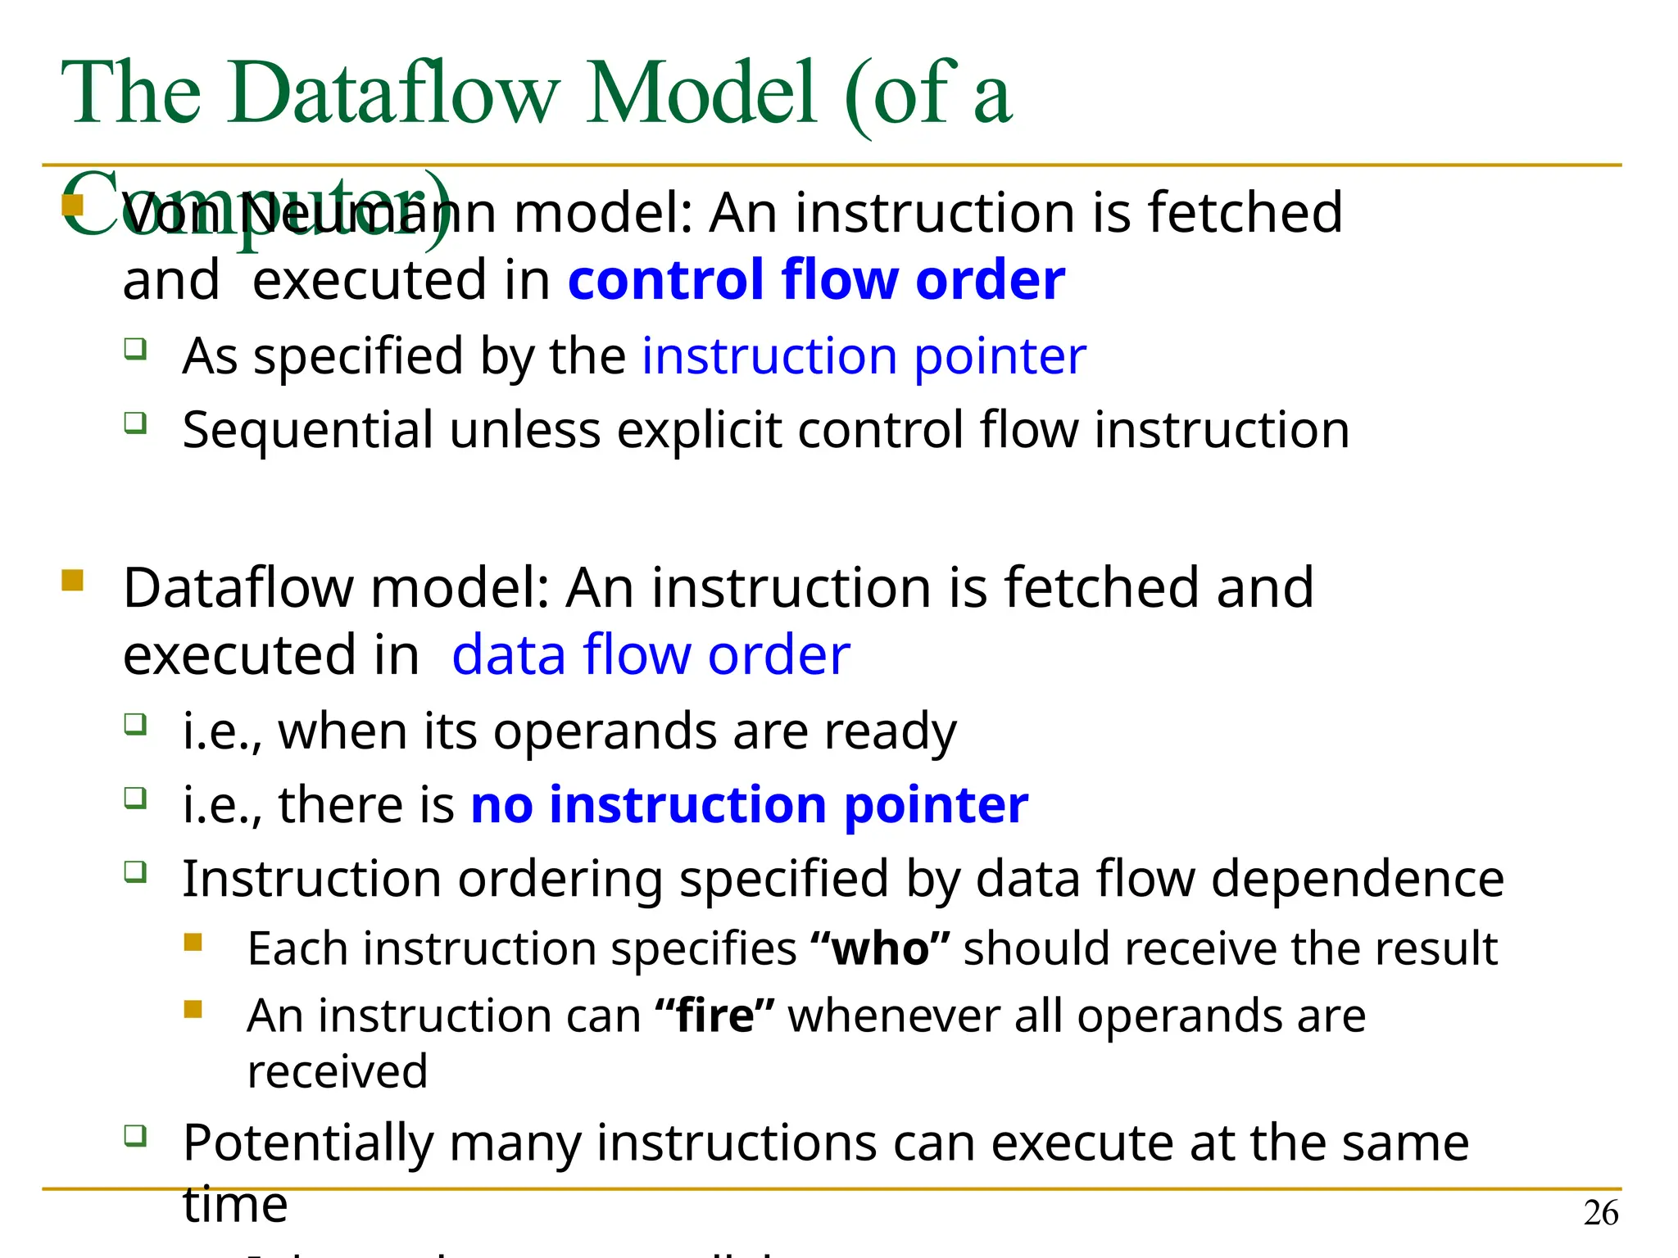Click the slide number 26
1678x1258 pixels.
pos(1600,1213)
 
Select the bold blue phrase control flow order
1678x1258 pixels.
pos(816,280)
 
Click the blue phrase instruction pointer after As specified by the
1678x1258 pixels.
pos(864,356)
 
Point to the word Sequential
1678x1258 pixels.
pos(307,430)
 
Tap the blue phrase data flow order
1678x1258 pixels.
pos(651,655)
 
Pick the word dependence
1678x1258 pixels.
pos(1357,879)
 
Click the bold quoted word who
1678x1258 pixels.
pos(880,948)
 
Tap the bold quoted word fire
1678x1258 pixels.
pos(714,1016)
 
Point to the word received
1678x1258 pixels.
pos(338,1071)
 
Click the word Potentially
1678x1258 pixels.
pos(307,1143)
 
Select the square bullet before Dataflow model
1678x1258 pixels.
pos(72,581)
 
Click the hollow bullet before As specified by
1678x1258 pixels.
pos(135,350)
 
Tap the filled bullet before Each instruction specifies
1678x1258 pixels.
pos(193,942)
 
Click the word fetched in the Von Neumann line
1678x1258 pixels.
pos(1245,213)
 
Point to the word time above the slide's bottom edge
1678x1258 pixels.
pos(235,1205)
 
